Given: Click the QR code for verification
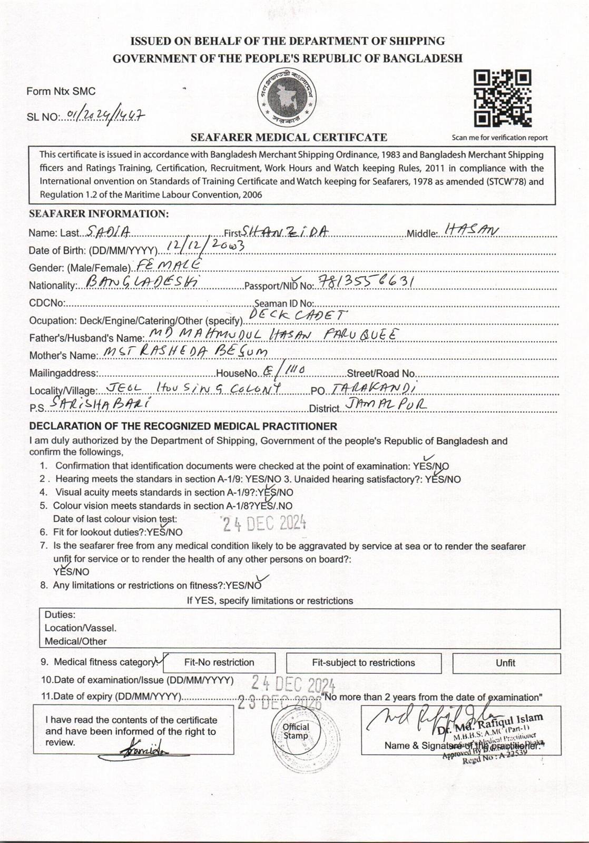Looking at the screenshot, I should pyautogui.click(x=502, y=99).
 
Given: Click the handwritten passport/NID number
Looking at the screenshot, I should pyautogui.click(x=366, y=282).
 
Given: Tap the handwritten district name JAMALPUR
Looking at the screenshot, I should pyautogui.click(x=386, y=404).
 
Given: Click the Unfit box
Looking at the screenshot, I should pyautogui.click(x=506, y=663).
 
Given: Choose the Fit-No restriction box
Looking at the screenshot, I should pyautogui.click(x=219, y=663).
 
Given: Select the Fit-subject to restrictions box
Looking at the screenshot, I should pyautogui.click(x=364, y=663).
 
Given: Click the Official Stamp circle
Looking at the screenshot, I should pyautogui.click(x=296, y=731).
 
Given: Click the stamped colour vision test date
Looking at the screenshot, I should pyautogui.click(x=263, y=523).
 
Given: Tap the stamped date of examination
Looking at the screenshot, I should pyautogui.click(x=293, y=684).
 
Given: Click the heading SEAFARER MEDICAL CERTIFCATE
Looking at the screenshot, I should pyautogui.click(x=289, y=138).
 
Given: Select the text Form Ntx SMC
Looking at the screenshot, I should pyautogui.click(x=61, y=91).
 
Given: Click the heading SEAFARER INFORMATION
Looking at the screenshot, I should pyautogui.click(x=99, y=214).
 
